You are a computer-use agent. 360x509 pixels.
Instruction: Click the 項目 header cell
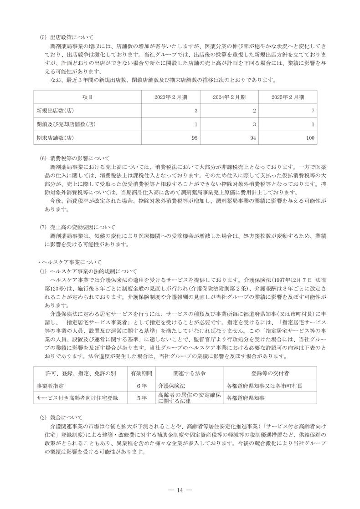[x=87, y=97]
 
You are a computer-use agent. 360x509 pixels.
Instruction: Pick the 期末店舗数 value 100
[x=309, y=137]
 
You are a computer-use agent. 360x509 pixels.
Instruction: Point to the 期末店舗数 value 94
[x=252, y=137]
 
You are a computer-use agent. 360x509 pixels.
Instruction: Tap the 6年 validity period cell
[x=141, y=385]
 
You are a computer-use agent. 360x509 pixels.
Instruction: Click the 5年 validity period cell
[x=141, y=397]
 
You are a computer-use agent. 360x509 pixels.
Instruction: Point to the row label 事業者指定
[x=51, y=385]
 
